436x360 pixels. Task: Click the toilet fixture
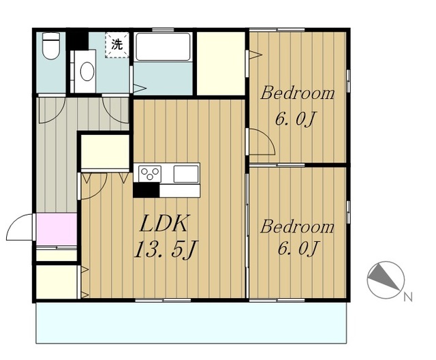pos(51,46)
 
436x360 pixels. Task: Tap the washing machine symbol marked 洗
pos(117,45)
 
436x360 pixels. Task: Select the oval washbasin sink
pos(87,71)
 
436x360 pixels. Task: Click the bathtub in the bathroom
pos(163,47)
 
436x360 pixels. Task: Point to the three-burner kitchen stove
pos(150,174)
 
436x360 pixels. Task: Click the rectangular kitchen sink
pos(186,174)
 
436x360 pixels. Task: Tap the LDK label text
pos(164,224)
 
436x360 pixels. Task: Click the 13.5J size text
pos(166,249)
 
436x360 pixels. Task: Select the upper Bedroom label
pos(297,93)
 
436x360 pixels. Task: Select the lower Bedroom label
pos(297,227)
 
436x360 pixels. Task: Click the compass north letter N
pos(408,297)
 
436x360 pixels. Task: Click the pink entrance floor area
pos(57,229)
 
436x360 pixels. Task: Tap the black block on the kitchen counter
pos(146,190)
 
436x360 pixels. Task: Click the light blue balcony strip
pos(191,323)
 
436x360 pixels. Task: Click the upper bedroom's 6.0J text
pos(296,119)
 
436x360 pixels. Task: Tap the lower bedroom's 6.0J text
pos(297,248)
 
